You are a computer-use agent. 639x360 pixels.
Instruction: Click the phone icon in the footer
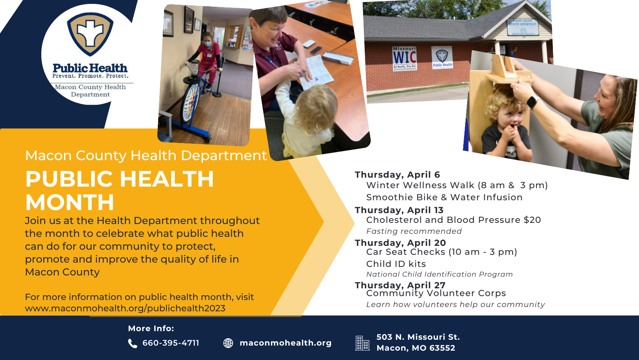coord(132,344)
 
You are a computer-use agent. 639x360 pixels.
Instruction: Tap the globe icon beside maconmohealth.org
coord(228,343)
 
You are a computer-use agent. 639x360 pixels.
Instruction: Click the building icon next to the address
coord(362,343)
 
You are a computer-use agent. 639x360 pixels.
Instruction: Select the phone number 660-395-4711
coord(171,343)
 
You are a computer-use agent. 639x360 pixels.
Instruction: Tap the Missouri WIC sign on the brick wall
coord(404,59)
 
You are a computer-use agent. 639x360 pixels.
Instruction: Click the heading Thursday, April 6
coord(397,175)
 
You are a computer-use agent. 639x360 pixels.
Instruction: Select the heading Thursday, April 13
coord(399,210)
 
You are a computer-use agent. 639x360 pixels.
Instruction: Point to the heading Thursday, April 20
coord(400,243)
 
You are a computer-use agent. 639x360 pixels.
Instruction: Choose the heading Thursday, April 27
coord(400,285)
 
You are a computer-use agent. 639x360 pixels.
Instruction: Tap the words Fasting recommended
coord(414,231)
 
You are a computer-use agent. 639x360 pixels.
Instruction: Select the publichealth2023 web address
coord(125,308)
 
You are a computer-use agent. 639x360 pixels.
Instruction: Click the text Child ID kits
coord(396,264)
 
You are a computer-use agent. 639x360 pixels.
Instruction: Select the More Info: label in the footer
coord(151,328)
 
